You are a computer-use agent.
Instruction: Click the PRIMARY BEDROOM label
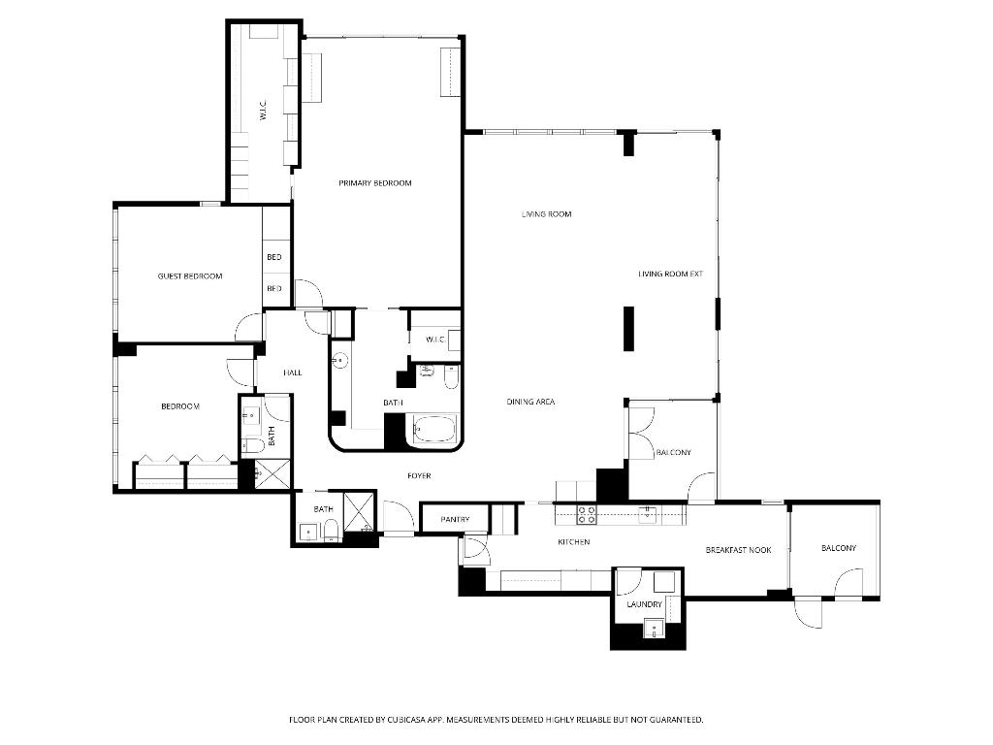375,183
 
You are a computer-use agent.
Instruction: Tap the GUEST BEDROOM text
190,276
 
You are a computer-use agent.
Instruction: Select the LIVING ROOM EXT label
670,274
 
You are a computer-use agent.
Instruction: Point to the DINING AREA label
530,402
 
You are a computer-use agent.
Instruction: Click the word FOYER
419,476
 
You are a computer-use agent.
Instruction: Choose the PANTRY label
455,520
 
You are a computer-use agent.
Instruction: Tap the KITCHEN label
573,542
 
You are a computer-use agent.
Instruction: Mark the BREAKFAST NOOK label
738,550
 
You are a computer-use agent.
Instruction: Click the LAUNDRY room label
644,604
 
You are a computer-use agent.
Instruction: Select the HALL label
292,372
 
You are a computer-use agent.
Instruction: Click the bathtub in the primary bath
433,430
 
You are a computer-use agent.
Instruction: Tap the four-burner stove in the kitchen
587,514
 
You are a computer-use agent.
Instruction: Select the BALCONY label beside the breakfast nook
839,548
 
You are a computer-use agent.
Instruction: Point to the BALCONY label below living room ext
674,453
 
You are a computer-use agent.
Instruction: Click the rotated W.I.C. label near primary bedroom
262,113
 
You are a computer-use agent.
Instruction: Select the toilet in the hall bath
253,445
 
